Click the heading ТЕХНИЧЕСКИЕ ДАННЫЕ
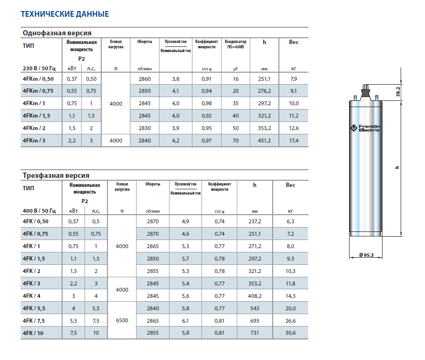coord(64,14)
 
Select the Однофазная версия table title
coord(57,33)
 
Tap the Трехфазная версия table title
coord(56,175)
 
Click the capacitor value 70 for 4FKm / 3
coord(235,141)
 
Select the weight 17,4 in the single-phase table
coord(294,141)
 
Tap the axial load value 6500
coord(122,320)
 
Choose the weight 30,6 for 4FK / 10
coord(290,333)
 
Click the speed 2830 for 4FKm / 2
coord(144,128)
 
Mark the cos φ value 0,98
coord(207,103)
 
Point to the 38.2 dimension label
coord(398,92)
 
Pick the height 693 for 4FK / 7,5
coord(255,320)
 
